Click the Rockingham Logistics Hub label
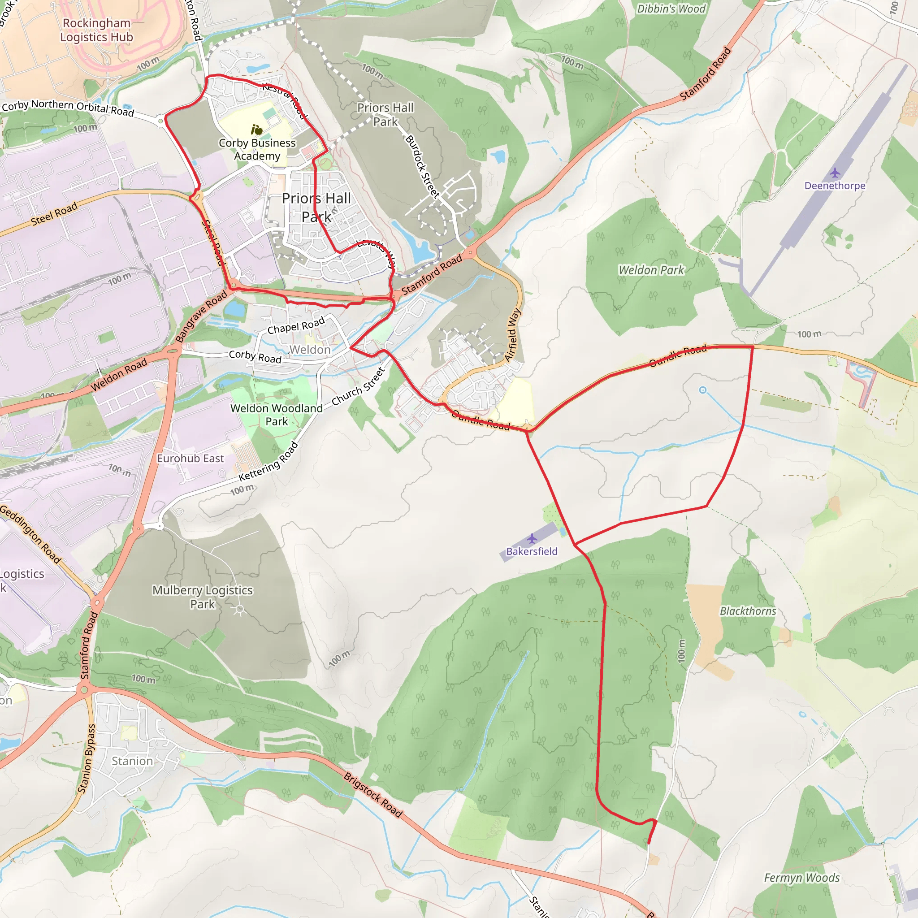point(96,30)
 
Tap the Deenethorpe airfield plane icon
point(835,173)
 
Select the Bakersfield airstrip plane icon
point(532,538)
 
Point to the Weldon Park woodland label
point(651,270)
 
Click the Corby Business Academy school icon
point(256,129)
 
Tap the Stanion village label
point(132,761)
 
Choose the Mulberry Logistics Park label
point(203,597)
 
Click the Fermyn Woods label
point(802,878)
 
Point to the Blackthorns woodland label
point(748,611)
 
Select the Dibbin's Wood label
point(671,9)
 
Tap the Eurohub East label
point(190,459)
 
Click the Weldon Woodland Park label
point(277,415)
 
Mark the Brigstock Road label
point(373,794)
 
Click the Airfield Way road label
point(513,335)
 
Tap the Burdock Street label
point(422,166)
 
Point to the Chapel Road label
point(296,326)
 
